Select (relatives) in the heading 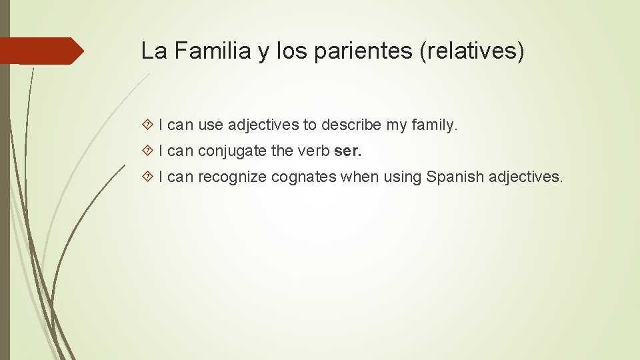tap(472, 51)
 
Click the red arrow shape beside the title tap(41, 51)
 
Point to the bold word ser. tap(347, 151)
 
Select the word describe tap(351, 125)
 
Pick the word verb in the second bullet tap(312, 151)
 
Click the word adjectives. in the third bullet tap(526, 177)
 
